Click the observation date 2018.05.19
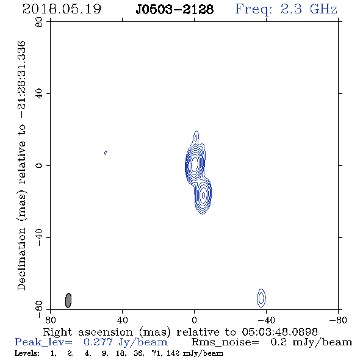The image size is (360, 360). tap(62, 9)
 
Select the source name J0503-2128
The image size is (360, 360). tap(175, 9)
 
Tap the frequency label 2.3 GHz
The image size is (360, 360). tap(309, 9)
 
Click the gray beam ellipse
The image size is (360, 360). tap(68, 300)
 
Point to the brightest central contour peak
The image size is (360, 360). tap(195, 164)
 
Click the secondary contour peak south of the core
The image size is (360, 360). tap(203, 195)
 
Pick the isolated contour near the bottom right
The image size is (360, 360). tap(261, 298)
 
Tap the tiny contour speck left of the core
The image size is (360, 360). tap(106, 153)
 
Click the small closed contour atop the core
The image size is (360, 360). tap(196, 138)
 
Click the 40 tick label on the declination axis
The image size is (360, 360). tap(39, 94)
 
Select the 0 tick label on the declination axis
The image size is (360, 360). tap(39, 165)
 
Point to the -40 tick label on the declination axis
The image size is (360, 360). tap(39, 237)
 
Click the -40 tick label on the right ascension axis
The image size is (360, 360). tap(266, 320)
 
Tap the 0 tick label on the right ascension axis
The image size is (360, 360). tap(194, 320)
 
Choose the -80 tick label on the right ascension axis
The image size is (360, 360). tap(338, 320)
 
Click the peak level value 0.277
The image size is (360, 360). tap(98, 342)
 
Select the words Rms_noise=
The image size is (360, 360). tap(225, 342)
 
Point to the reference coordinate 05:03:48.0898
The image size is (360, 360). tap(279, 332)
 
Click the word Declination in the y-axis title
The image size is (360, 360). tap(21, 259)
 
